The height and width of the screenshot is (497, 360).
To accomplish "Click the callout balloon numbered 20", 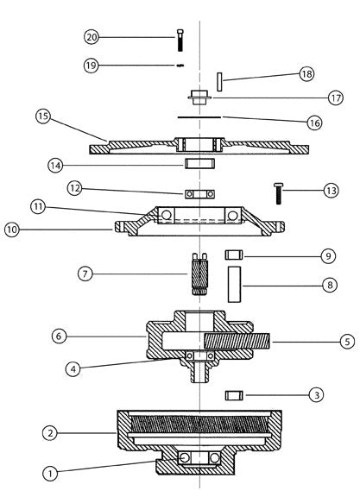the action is [x=92, y=37].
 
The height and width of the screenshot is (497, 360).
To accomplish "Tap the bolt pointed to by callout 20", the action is [x=180, y=40].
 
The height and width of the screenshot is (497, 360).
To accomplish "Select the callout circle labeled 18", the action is [x=306, y=74].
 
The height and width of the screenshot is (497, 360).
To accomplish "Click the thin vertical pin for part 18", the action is [x=219, y=82].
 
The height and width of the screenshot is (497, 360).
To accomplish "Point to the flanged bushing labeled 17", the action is [x=199, y=98].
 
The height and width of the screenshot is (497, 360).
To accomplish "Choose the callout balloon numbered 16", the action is [x=314, y=123].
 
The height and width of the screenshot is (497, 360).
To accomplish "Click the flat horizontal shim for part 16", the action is [x=199, y=117].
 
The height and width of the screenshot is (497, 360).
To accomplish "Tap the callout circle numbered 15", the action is [x=43, y=116].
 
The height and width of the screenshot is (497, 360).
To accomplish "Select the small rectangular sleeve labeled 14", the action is [x=200, y=163].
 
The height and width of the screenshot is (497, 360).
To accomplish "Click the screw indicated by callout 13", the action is [x=278, y=193].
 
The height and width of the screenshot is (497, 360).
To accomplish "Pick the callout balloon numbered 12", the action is [x=75, y=188].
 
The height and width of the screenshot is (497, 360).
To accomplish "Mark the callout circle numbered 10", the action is [x=12, y=230].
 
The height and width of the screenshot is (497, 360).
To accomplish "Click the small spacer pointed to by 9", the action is [x=234, y=255].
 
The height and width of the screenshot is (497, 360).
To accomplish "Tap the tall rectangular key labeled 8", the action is [x=235, y=285].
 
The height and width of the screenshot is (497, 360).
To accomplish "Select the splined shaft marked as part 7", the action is [x=199, y=274].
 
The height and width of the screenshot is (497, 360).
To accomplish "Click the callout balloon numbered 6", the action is [x=59, y=336].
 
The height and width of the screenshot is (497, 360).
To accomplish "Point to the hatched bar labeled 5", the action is [x=237, y=342].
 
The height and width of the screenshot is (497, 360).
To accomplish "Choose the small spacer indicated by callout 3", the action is [x=234, y=395].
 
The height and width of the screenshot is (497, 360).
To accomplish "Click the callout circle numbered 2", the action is [x=50, y=433].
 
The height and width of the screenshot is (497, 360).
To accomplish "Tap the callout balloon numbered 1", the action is [x=50, y=474].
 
